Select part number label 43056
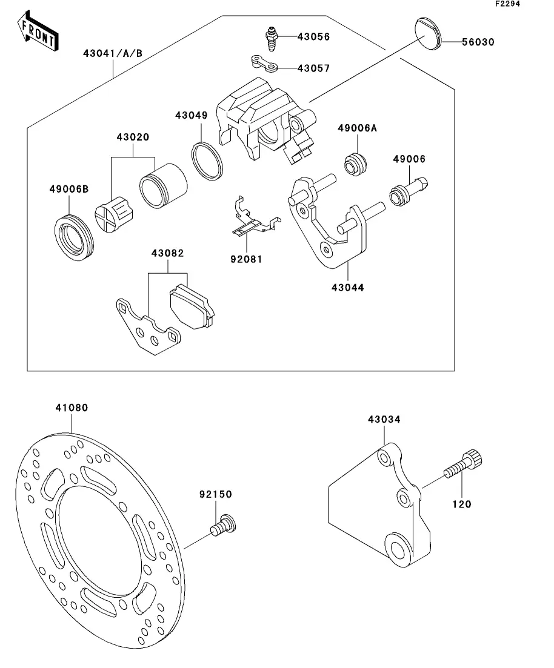coord(313,36)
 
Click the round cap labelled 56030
coord(428,33)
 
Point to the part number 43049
coord(192,115)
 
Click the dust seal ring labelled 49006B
coord(74,238)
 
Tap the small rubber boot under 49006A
coord(355,163)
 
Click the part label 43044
coord(347,288)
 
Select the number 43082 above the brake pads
coord(168,253)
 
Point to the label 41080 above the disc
coord(72,408)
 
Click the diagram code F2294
coord(507,4)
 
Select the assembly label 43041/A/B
coord(113,53)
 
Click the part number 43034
coord(384,419)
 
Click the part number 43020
coord(133,137)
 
